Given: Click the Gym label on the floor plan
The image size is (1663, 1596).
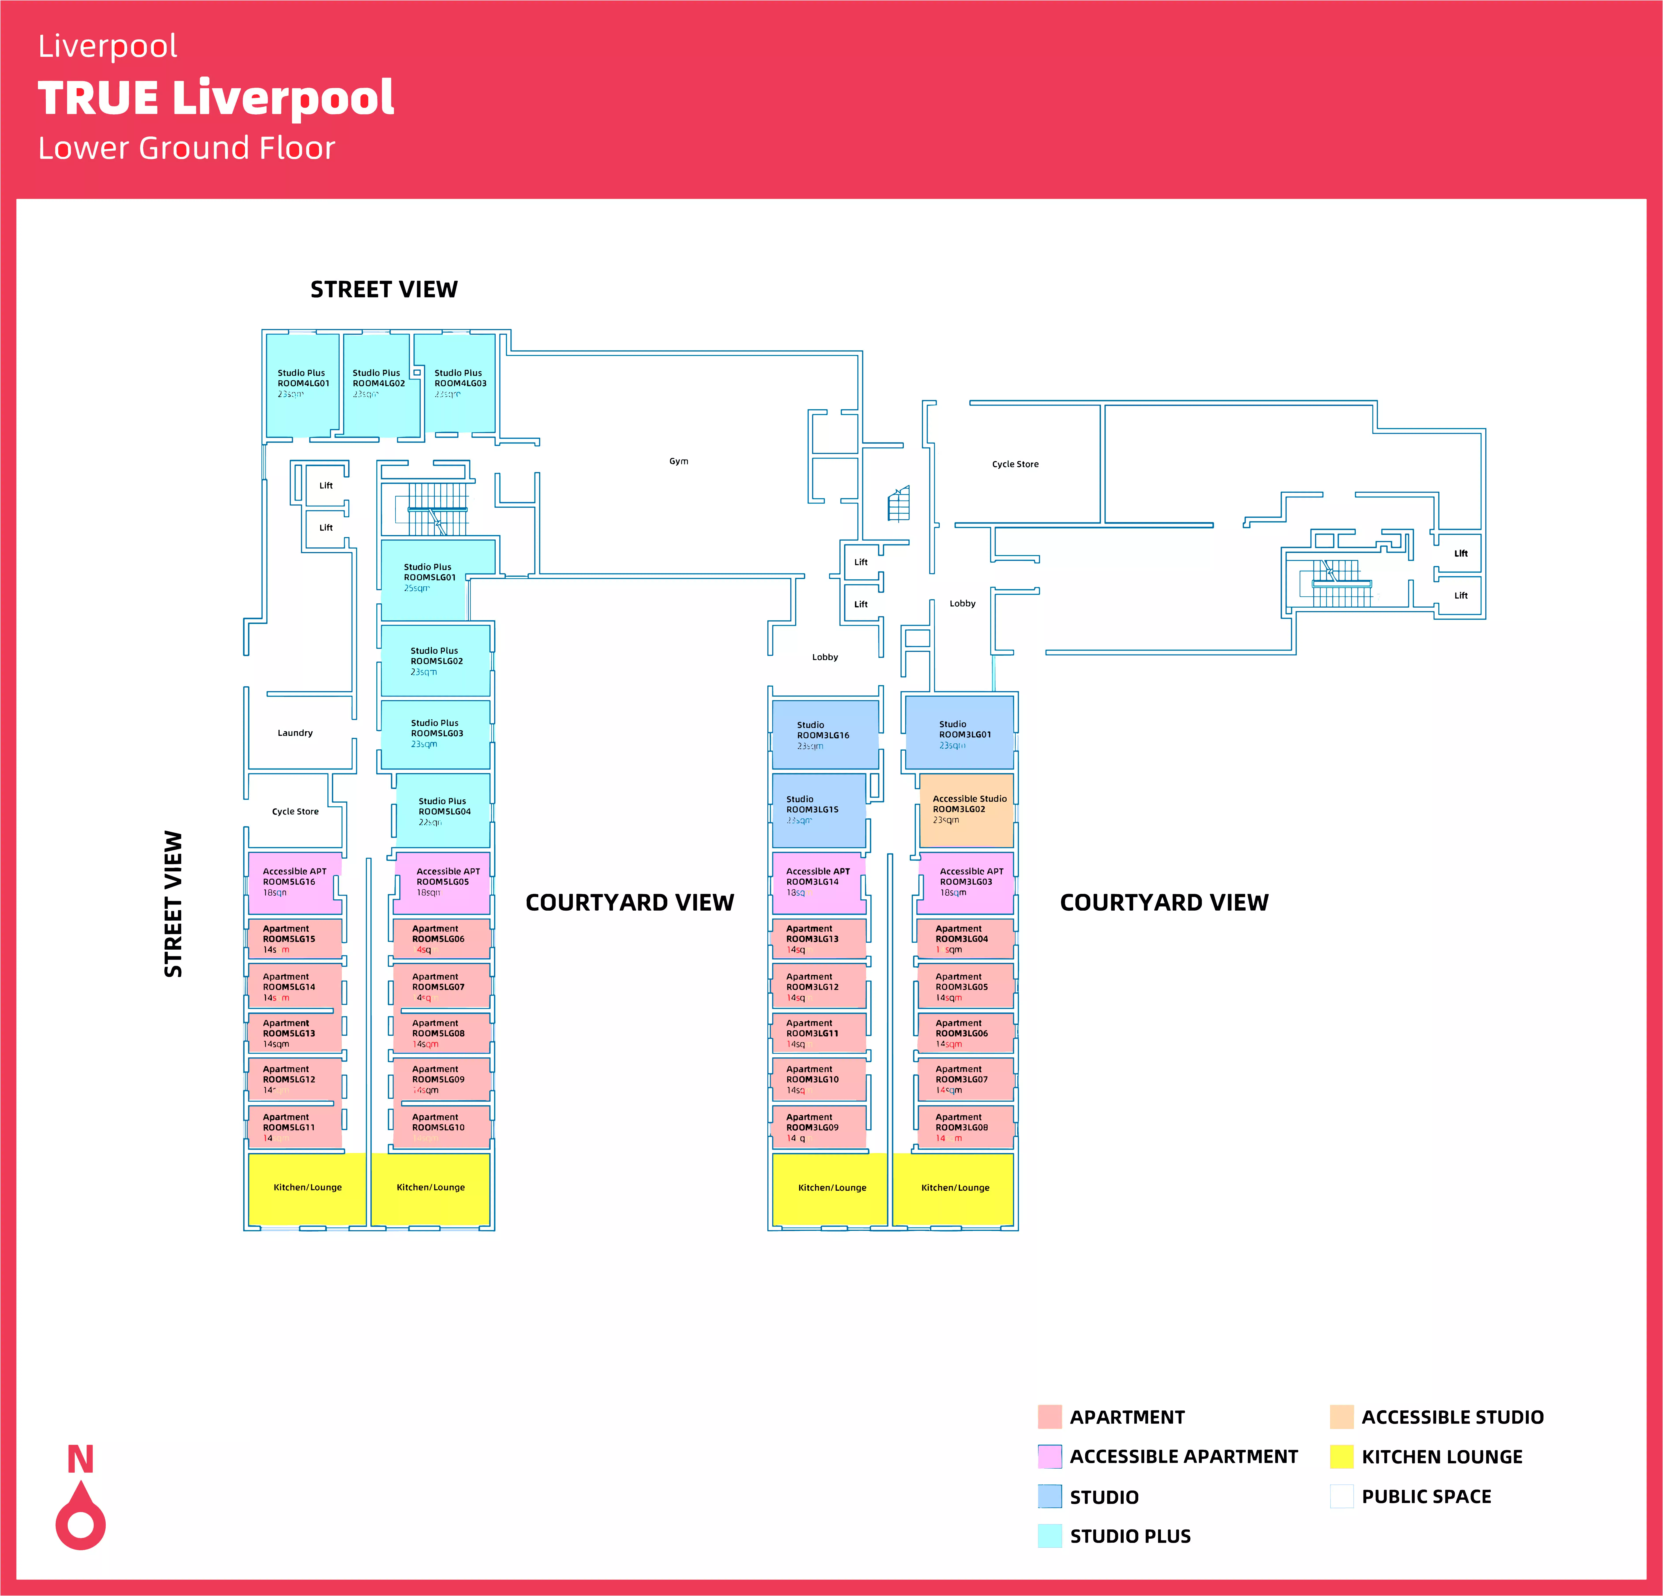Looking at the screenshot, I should (x=679, y=461).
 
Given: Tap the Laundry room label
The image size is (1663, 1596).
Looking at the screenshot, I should (x=295, y=733).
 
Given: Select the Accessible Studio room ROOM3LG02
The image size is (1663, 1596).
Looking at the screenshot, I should (x=966, y=810).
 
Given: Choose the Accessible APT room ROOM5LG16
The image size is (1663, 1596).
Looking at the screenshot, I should (x=294, y=882).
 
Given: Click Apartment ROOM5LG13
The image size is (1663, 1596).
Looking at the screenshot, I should (x=294, y=1033).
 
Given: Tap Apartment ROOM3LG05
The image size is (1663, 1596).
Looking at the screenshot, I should (x=965, y=986).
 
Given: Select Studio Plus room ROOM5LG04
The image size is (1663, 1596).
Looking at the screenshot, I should (x=443, y=811).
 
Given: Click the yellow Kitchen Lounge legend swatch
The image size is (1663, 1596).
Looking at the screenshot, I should (x=1342, y=1456).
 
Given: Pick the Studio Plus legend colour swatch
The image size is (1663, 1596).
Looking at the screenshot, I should (x=1050, y=1536).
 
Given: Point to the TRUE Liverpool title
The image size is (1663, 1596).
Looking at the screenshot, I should (x=216, y=98).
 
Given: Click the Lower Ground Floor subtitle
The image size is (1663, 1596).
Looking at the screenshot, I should (x=187, y=148).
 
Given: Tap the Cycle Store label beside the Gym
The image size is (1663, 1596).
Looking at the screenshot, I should (x=1015, y=464).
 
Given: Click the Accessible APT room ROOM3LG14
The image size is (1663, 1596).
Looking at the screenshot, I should (x=818, y=882).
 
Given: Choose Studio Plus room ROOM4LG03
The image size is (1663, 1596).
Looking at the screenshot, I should (x=460, y=383).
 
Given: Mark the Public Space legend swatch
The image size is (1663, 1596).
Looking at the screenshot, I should (x=1342, y=1496).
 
